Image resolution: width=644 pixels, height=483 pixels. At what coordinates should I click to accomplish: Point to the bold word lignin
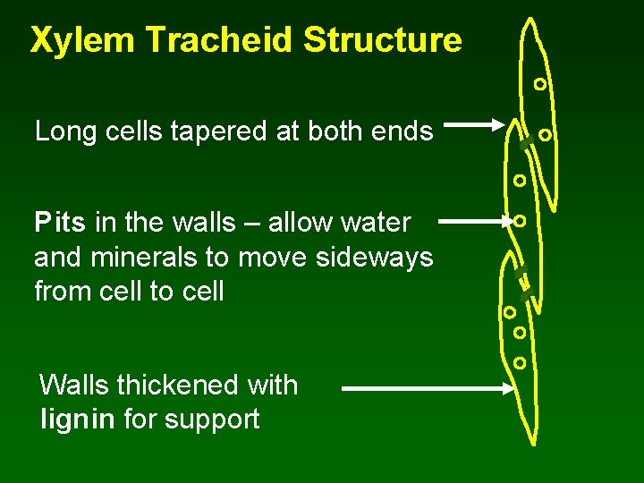coord(78,419)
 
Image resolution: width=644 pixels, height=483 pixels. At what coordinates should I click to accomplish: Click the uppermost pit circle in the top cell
coord(539,85)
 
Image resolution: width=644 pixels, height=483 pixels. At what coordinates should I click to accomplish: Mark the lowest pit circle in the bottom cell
coord(520,363)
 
